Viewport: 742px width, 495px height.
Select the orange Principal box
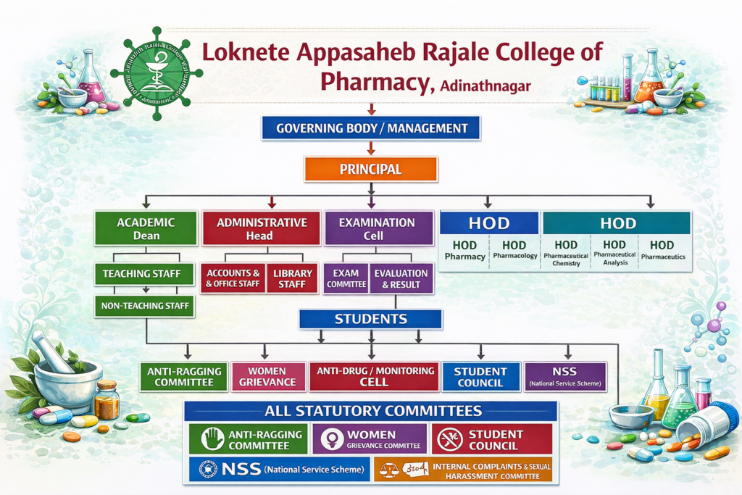point(370,169)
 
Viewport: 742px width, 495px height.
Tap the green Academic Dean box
point(146,228)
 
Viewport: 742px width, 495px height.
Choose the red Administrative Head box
point(261,228)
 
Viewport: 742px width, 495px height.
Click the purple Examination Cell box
point(371,228)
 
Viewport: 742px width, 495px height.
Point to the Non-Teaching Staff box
point(146,307)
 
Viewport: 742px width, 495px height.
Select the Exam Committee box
point(346,278)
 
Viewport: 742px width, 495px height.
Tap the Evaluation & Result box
point(401,278)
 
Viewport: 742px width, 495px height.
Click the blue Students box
point(370,319)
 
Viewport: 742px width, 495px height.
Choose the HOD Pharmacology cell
point(514,250)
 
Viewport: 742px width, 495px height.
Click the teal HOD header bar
point(617,222)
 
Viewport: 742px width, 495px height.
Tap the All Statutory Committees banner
point(370,411)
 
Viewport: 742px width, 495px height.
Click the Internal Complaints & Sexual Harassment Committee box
point(464,470)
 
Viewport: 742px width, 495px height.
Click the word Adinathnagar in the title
point(484,86)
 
